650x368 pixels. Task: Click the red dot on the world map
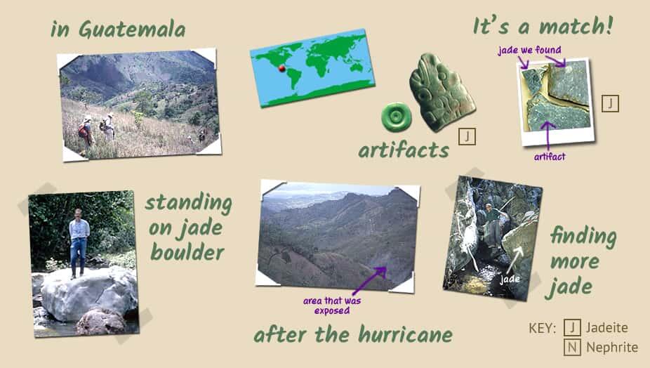pos(282,68)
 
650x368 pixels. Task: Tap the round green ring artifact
pos(397,117)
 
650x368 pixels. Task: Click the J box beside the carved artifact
pos(467,136)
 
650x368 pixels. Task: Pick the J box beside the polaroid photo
pos(610,103)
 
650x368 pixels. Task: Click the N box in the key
pos(572,347)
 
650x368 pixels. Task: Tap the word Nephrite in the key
pos(612,347)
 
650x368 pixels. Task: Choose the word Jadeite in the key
pos(607,328)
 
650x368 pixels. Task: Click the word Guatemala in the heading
pos(132,30)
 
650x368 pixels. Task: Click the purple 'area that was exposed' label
pos(331,305)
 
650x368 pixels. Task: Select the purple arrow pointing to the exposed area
pos(369,281)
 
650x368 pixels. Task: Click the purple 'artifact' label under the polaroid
pos(550,157)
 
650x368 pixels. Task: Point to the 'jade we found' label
pos(529,50)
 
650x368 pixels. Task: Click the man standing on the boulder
pos(79,243)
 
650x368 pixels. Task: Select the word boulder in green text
pos(187,252)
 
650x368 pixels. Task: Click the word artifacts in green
pos(404,150)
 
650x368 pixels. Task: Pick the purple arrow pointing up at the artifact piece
pos(548,136)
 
